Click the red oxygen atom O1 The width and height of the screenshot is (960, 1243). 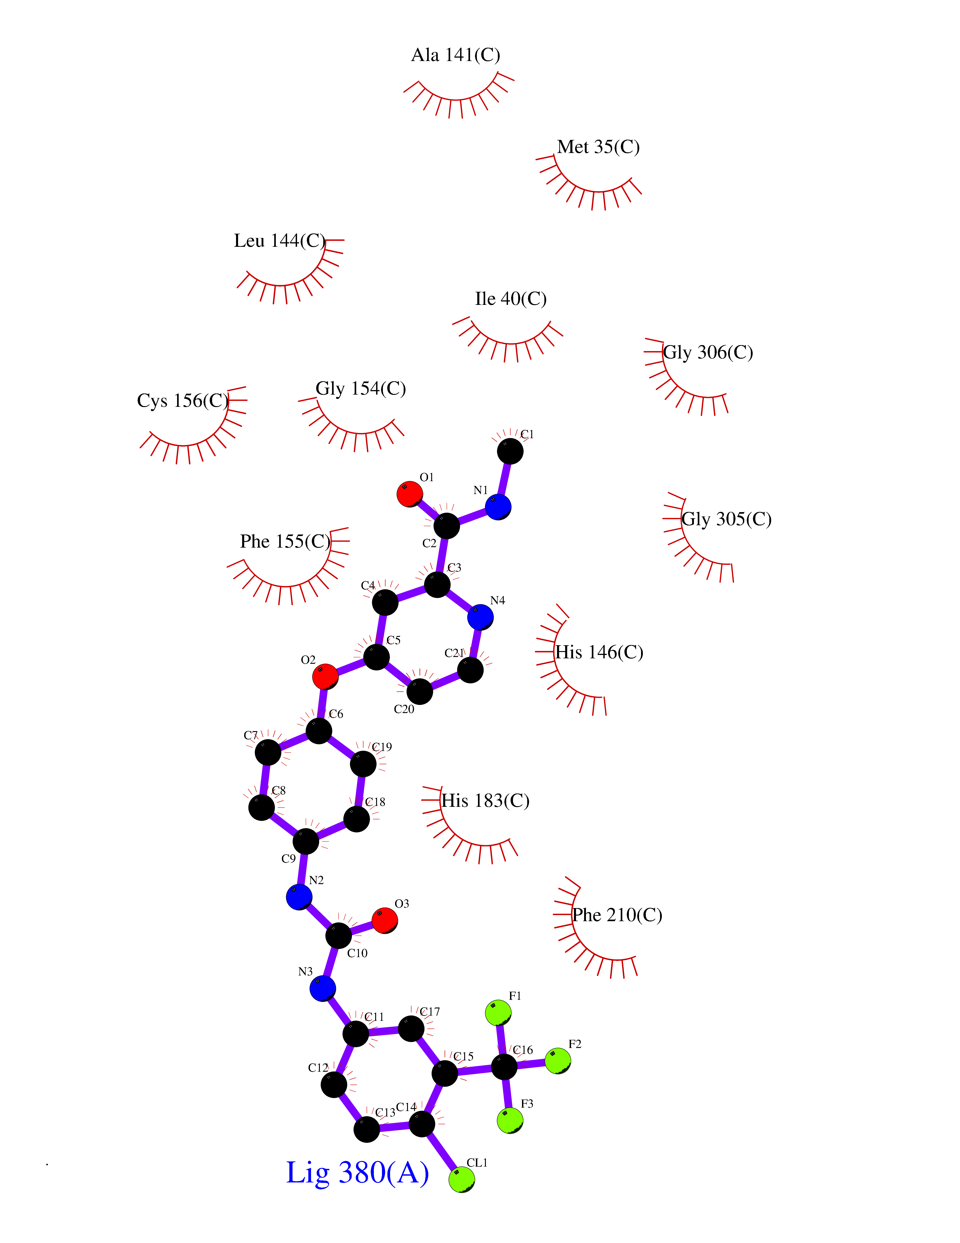point(410,494)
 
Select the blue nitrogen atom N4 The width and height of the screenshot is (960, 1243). point(481,617)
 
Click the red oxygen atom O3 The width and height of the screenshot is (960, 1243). point(385,920)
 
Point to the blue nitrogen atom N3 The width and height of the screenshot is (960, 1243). point(323,989)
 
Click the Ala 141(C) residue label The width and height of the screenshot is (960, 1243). point(456,55)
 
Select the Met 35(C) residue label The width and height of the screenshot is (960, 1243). point(598,147)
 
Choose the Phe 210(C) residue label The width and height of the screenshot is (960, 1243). point(617,915)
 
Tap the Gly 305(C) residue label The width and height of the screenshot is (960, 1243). point(726,519)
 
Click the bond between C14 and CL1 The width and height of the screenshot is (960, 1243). point(442,1151)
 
